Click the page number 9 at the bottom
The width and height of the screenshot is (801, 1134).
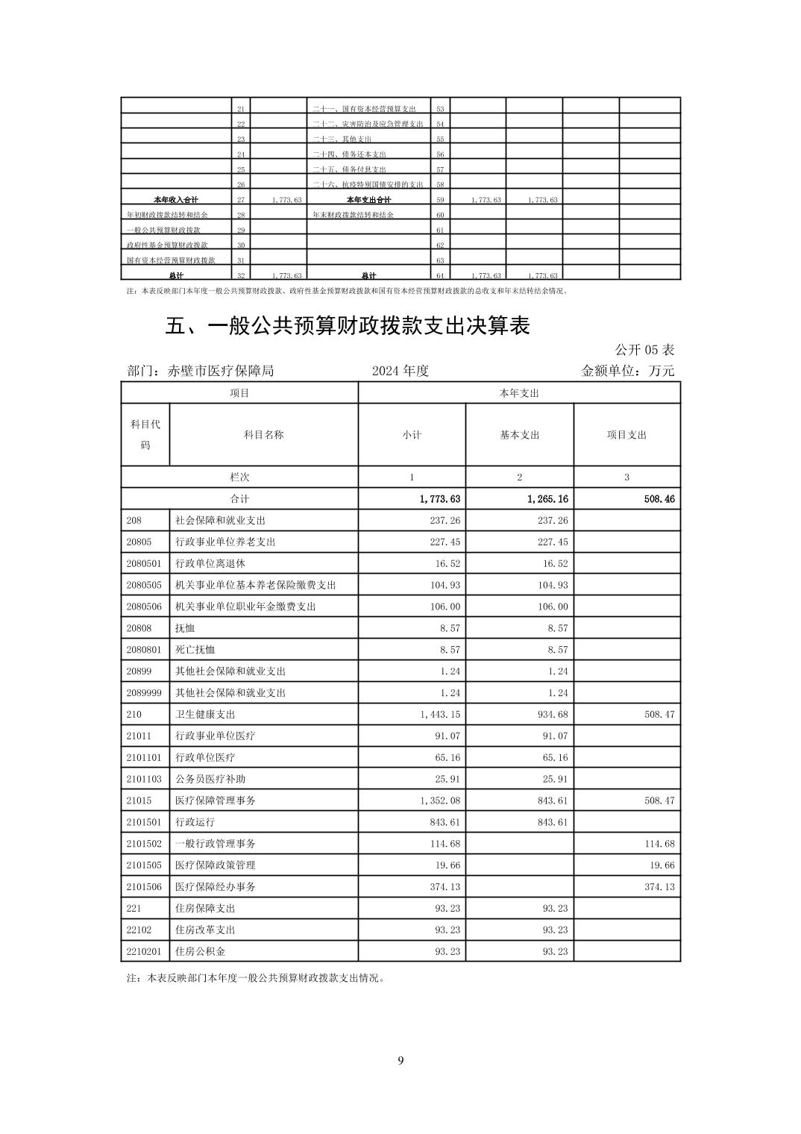(400, 1060)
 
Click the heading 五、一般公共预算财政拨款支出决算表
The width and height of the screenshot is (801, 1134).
(348, 326)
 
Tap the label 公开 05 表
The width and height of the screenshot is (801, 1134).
(644, 349)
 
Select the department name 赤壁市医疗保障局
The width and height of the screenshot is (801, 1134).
(222, 371)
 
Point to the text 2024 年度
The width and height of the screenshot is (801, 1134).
(400, 371)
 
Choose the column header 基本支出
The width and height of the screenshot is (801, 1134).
(519, 435)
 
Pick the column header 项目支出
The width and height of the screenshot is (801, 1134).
(626, 435)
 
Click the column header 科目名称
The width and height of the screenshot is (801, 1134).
(263, 435)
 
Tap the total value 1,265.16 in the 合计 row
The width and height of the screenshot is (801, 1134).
(547, 498)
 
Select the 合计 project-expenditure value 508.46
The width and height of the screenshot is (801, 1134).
(659, 498)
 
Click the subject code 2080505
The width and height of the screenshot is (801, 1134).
(144, 585)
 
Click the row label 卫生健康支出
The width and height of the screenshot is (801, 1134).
(205, 714)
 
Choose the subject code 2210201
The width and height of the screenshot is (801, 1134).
(144, 951)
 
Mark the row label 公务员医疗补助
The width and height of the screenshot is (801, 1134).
(210, 779)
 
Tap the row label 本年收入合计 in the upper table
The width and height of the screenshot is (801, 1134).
(176, 200)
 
